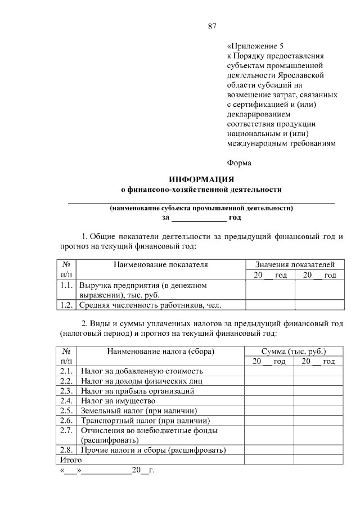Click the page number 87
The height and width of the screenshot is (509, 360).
(212, 26)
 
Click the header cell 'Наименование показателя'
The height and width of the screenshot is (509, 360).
(160, 264)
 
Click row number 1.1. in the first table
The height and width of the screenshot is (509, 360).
(67, 285)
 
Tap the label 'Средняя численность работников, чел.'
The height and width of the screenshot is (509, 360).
(150, 305)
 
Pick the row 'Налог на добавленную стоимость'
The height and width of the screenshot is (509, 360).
(142, 371)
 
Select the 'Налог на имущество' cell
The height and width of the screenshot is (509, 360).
(118, 401)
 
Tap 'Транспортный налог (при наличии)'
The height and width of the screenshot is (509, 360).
(145, 420)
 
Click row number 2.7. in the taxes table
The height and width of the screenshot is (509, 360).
(67, 430)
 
